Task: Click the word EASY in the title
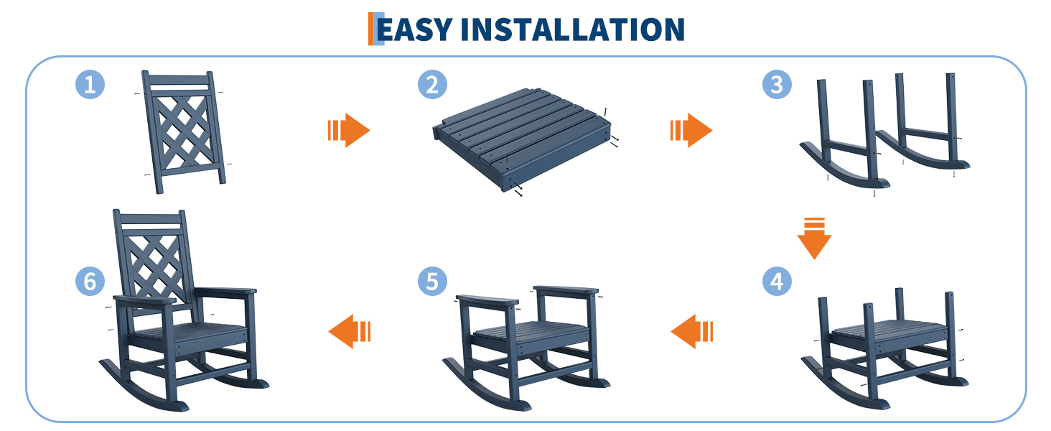[x=415, y=29]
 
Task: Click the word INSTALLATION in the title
[x=573, y=29]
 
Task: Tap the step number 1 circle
[x=90, y=85]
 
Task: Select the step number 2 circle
[x=432, y=85]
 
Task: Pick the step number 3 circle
[x=777, y=85]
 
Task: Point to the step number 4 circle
[x=777, y=282]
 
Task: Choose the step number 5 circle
[x=432, y=282]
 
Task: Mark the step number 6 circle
[x=90, y=282]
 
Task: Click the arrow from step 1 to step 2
[x=349, y=130]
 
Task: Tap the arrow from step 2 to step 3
[x=691, y=130]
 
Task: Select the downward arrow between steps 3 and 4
[x=815, y=238]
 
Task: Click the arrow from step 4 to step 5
[x=692, y=331]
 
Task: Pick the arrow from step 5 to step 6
[x=350, y=331]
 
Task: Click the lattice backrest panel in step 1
[x=184, y=132]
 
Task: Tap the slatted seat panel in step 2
[x=522, y=138]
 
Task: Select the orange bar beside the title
[x=370, y=29]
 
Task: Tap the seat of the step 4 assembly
[x=889, y=334]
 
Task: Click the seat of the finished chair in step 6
[x=189, y=334]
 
